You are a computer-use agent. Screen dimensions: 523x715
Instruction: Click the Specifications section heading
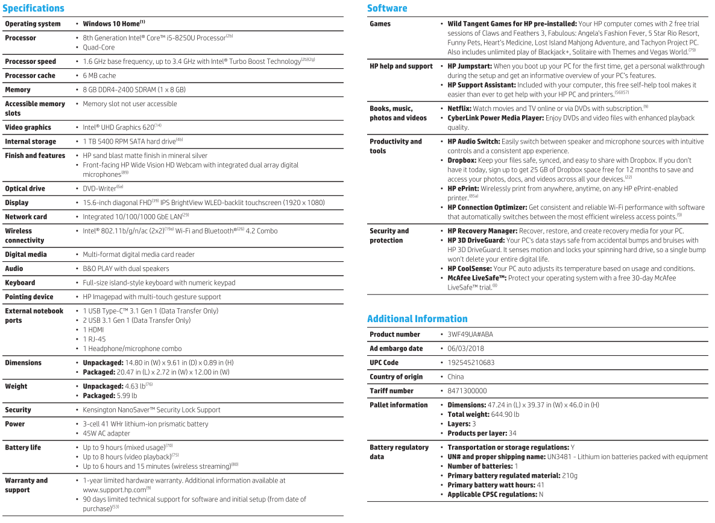[33, 8]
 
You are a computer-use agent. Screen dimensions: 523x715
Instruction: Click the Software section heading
[387, 8]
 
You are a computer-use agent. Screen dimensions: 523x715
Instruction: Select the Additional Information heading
[417, 319]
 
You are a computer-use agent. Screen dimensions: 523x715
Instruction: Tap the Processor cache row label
[30, 75]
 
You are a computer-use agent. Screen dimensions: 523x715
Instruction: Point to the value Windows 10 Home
[111, 24]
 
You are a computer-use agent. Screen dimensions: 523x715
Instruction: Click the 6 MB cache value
[99, 75]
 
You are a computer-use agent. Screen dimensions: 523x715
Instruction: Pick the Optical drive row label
[25, 188]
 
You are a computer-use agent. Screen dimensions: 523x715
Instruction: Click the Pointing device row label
[29, 297]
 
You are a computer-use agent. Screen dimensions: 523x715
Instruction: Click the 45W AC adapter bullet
[106, 433]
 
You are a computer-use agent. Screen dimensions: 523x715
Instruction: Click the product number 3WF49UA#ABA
[470, 334]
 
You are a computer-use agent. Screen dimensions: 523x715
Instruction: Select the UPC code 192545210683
[471, 363]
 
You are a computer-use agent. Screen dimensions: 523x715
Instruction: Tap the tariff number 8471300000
[467, 391]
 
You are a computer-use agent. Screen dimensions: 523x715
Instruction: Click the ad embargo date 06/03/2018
[465, 349]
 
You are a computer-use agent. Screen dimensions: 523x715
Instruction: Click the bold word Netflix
[459, 109]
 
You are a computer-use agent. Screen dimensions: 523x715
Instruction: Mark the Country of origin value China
[456, 377]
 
